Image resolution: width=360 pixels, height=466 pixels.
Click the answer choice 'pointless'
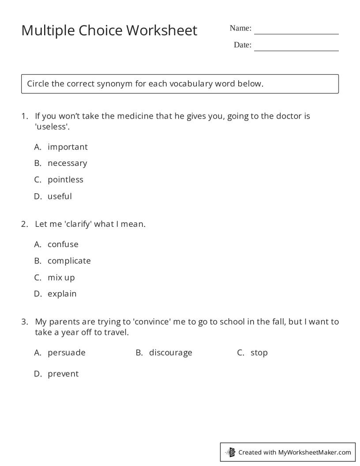coord(65,180)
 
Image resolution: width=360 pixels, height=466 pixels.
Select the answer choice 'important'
coord(67,147)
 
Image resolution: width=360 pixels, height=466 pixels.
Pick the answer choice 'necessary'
coord(67,163)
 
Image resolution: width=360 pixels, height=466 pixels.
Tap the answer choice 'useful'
coord(60,196)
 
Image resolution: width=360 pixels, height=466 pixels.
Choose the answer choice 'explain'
coord(62,294)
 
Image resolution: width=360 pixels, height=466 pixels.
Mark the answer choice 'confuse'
coord(63,244)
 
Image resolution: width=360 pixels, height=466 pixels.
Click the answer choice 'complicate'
coord(69,261)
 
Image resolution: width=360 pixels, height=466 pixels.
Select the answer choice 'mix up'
coord(61,278)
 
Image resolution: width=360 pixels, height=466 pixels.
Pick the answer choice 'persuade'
coord(66,353)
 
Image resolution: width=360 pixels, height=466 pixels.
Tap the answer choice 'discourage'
coord(170,353)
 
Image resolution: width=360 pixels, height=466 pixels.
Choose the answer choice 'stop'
coord(259,353)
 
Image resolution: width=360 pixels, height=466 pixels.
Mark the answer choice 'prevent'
coord(63,374)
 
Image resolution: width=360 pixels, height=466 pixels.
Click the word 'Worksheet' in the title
coord(162,30)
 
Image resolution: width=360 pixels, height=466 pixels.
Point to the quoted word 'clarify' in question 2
coord(78,224)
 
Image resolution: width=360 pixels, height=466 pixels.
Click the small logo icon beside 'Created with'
coord(231,452)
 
